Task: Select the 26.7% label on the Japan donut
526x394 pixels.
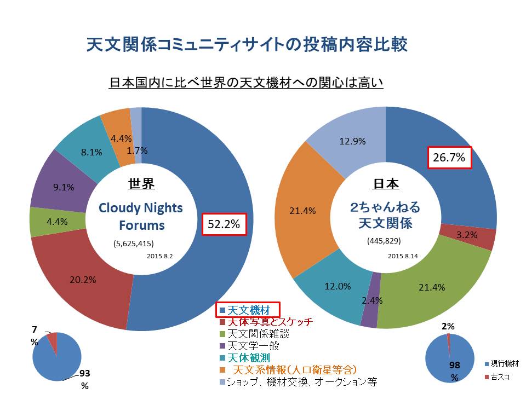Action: tap(449, 158)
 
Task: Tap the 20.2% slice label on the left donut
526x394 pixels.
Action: tap(83, 280)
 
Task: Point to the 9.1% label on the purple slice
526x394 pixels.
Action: tap(64, 187)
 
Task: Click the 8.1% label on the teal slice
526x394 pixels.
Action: tap(92, 153)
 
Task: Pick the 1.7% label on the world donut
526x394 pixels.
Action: tap(136, 150)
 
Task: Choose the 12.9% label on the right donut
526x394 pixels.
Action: tap(353, 141)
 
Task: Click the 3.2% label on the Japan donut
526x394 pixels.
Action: tap(466, 235)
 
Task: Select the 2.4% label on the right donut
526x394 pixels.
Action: tap(372, 300)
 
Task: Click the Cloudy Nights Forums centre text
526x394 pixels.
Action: tap(140, 217)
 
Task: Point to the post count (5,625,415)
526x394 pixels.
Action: tap(134, 244)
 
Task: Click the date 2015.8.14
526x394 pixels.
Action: tap(403, 256)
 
